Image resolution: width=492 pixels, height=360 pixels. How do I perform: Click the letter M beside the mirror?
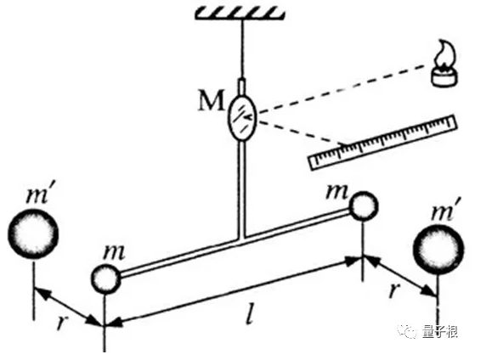212,100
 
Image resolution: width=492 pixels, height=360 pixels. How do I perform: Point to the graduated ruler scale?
383,143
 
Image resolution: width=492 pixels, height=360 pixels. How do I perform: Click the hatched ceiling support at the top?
240,14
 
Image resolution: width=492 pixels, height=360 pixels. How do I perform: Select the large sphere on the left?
33,233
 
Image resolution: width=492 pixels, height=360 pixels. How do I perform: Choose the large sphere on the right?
438,250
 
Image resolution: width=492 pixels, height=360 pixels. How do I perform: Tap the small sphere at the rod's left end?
105,278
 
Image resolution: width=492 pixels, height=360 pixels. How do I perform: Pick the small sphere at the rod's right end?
364,205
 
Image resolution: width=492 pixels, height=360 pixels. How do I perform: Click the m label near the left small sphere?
114,251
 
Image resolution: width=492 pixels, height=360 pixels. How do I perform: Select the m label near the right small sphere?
337,191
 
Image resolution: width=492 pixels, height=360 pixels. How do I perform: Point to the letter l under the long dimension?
249,313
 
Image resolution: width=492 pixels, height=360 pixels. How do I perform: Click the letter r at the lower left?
62,322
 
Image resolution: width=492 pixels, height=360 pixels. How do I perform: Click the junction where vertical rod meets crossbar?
241,238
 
